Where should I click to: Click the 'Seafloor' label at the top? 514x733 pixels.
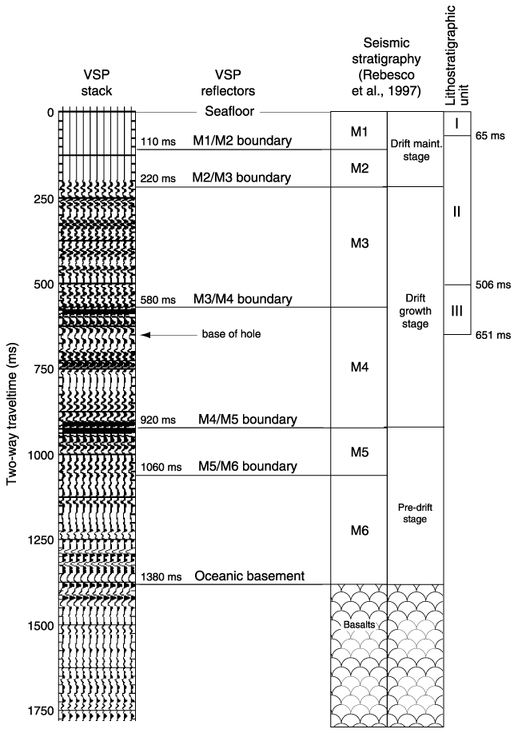point(229,111)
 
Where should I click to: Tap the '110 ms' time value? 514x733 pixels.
point(158,141)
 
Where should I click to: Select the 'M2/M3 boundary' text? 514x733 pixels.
point(241,177)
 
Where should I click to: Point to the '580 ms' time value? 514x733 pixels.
point(158,300)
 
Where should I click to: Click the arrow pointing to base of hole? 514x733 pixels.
point(169,335)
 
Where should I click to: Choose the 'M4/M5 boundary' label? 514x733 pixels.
point(248,420)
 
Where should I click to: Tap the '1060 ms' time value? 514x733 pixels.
point(161,467)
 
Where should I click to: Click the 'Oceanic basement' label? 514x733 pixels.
point(249,576)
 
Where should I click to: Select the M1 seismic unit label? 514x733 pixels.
point(359,132)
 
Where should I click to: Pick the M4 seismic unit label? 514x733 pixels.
point(359,368)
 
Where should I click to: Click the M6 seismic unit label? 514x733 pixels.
point(359,531)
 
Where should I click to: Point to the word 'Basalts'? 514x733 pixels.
point(359,624)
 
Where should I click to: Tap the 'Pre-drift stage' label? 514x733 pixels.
point(415,513)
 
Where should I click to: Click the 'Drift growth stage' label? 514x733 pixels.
point(416,311)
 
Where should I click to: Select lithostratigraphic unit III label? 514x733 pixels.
point(456,311)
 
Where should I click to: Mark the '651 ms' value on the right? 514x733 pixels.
point(493,335)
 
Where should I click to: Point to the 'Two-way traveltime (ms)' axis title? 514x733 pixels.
point(12,415)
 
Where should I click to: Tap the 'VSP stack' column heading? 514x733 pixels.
point(97,83)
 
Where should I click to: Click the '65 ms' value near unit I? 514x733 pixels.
point(490,136)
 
